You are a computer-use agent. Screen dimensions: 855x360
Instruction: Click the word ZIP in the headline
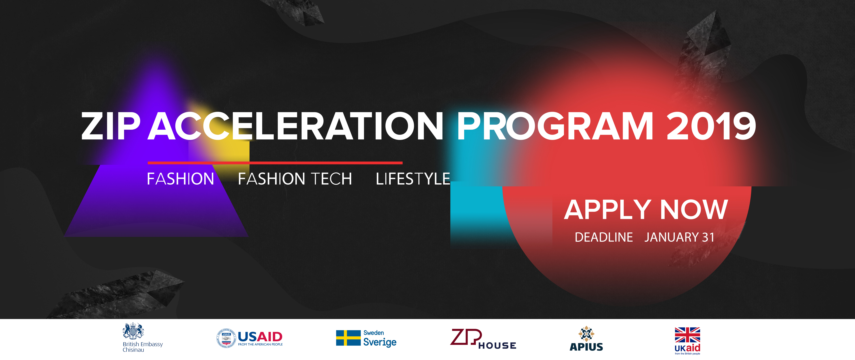(x=110, y=126)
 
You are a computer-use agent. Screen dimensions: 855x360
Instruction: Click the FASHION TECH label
(x=295, y=179)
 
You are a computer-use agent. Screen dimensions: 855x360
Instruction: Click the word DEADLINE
(x=604, y=237)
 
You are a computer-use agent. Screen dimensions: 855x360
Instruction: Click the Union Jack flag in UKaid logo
(x=687, y=335)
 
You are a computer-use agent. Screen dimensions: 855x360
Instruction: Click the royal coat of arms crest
(x=133, y=331)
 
